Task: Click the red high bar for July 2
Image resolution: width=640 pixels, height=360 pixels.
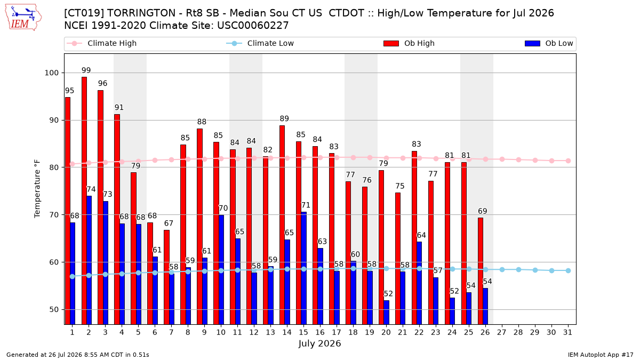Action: pyautogui.click(x=84, y=201)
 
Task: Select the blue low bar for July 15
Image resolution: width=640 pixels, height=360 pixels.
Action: pyautogui.click(x=303, y=268)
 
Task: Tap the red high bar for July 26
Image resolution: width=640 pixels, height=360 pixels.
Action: pyautogui.click(x=481, y=271)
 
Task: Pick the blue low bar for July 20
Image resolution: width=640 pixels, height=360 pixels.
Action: pyautogui.click(x=386, y=313)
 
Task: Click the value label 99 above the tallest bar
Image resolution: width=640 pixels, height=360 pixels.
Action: pyautogui.click(x=86, y=70)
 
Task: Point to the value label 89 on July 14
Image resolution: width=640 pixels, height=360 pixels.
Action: pyautogui.click(x=284, y=118)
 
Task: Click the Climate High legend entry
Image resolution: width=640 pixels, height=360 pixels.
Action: pyautogui.click(x=101, y=43)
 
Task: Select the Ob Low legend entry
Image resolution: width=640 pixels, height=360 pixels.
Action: pyautogui.click(x=549, y=43)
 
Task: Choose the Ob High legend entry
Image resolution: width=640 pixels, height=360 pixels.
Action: pyautogui.click(x=409, y=43)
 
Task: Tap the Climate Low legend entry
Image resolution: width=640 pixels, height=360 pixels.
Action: pyautogui.click(x=260, y=43)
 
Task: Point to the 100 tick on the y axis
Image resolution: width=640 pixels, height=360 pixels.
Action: pyautogui.click(x=51, y=73)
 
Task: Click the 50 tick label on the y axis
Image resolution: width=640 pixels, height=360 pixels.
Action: pyautogui.click(x=54, y=309)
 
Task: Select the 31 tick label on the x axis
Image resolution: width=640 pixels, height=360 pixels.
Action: pyautogui.click(x=567, y=332)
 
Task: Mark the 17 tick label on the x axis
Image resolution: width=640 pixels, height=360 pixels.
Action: pyautogui.click(x=337, y=332)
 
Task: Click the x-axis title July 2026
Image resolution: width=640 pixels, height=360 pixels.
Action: pyautogui.click(x=319, y=343)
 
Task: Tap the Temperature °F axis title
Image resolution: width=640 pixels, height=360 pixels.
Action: pyautogui.click(x=37, y=189)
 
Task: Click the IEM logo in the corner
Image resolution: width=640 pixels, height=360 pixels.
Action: pyautogui.click(x=23, y=18)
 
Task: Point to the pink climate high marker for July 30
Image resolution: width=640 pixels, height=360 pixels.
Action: pyautogui.click(x=551, y=161)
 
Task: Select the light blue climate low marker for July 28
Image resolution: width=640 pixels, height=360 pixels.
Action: pyautogui.click(x=518, y=270)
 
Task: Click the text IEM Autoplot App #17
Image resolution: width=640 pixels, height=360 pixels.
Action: pyautogui.click(x=601, y=355)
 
